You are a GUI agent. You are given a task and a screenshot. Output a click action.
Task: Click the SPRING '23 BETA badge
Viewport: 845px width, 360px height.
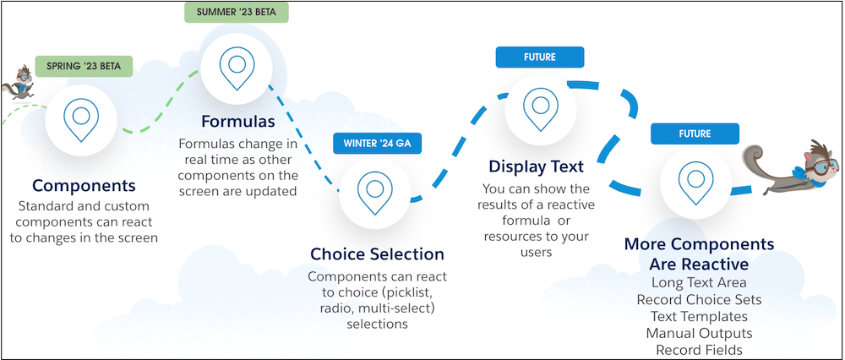pos(84,66)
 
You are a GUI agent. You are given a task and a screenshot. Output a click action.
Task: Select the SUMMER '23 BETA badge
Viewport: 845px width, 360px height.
pos(236,12)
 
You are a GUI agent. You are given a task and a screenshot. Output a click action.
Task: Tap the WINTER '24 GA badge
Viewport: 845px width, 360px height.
pos(377,144)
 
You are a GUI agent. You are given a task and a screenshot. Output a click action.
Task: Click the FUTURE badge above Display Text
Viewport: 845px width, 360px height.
pos(539,57)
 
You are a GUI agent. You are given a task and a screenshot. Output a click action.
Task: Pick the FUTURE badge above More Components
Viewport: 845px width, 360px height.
pos(695,134)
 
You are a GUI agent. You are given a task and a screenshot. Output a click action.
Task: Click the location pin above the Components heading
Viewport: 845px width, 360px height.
pos(81,120)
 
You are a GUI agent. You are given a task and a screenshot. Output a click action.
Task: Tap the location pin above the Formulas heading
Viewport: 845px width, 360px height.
pos(237,68)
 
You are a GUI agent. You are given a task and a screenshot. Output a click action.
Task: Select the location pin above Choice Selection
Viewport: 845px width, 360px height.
pos(374,194)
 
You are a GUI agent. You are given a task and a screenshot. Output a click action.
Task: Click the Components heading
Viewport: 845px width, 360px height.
pos(84,186)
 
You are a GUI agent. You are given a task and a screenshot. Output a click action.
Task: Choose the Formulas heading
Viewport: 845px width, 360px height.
pos(237,121)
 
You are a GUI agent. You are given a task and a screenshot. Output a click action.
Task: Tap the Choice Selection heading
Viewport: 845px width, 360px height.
pos(377,254)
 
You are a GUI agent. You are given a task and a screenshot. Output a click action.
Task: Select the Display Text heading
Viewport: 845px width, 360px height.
pos(537,166)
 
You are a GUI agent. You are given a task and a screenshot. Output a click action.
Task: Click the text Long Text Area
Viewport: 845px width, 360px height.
pos(699,282)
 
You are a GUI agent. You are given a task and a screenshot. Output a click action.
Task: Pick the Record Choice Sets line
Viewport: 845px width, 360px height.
pos(699,299)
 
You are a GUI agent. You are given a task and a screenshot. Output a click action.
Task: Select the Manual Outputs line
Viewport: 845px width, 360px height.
pos(699,333)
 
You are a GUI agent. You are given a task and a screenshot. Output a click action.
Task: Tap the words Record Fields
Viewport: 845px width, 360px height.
pos(699,350)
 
